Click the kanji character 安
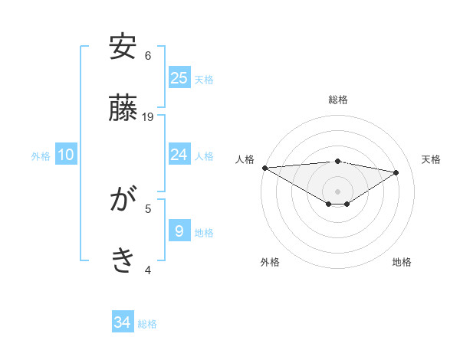click(123, 47)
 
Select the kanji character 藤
click(123, 109)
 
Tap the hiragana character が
click(123, 201)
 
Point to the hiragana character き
click(123, 261)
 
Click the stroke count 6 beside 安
click(148, 56)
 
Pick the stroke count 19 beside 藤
click(148, 117)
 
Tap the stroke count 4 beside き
click(148, 270)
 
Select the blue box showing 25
click(179, 77)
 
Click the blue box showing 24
click(179, 155)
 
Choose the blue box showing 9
click(179, 231)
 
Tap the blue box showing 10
click(66, 155)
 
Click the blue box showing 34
click(123, 322)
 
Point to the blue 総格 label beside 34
click(147, 324)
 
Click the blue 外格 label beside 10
click(41, 156)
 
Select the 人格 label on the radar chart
click(245, 159)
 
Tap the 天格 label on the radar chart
click(431, 159)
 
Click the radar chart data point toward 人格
click(264, 168)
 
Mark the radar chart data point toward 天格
click(396, 172)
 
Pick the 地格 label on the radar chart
click(402, 262)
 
